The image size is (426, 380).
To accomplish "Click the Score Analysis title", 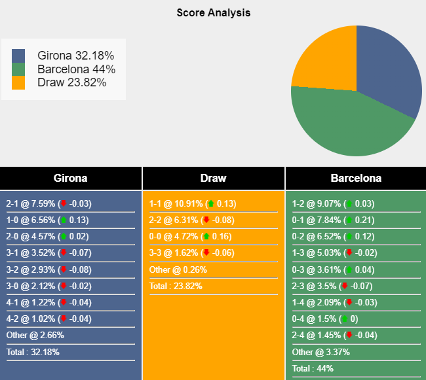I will click(213, 12).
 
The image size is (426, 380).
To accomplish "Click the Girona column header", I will click(70, 178).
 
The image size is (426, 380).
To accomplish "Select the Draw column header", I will click(213, 178).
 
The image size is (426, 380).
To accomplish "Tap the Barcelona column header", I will click(356, 178).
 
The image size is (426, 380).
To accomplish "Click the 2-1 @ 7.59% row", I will click(48, 203).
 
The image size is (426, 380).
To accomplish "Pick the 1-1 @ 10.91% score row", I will click(193, 203).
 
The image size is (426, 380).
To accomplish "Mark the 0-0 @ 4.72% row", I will click(193, 236).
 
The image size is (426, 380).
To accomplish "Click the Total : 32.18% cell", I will click(35, 351).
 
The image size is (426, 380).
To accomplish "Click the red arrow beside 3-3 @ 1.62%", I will click(206, 252).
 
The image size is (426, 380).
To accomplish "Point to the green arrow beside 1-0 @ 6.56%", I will click(63, 220).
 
